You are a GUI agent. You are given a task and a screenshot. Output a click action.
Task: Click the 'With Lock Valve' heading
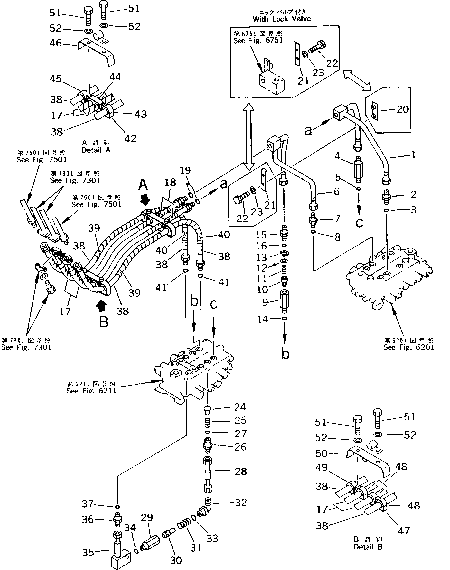point(281,19)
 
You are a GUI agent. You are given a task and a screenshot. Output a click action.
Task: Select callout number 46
point(55,43)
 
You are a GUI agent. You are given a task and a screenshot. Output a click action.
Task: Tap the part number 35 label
point(88,553)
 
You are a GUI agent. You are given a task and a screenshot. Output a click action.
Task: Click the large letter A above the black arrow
point(143,185)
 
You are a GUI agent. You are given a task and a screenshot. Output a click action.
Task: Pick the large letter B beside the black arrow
point(104,322)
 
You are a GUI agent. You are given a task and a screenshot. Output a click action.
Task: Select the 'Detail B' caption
point(368,547)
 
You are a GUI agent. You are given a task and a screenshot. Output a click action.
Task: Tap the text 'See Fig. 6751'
point(258,40)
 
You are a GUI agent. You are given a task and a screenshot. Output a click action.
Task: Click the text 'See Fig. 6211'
point(91,391)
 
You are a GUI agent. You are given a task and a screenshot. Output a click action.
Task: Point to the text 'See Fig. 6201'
point(408,347)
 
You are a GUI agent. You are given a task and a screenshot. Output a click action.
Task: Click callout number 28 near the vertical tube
point(240,472)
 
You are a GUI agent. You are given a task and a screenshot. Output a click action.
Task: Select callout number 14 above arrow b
point(262,319)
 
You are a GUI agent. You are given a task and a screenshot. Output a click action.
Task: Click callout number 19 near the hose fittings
point(185,170)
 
